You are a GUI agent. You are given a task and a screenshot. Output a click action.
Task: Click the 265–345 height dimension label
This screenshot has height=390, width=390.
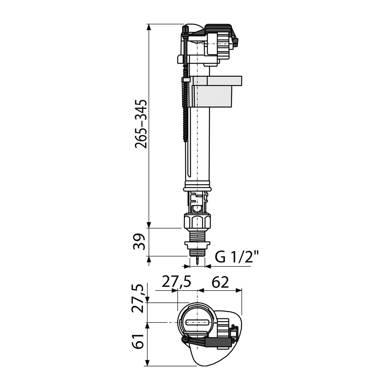coord(141,124)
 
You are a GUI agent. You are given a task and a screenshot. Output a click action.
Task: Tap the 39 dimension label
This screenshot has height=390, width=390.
coord(139,242)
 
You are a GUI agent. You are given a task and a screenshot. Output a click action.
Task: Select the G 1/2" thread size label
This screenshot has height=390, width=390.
coord(237,257)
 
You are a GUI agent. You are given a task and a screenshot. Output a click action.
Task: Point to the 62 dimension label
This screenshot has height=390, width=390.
coord(220,282)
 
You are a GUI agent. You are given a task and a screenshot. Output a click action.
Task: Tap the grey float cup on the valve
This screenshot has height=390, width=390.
coord(216,91)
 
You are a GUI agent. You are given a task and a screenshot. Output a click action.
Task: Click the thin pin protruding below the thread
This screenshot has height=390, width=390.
coord(197,261)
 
